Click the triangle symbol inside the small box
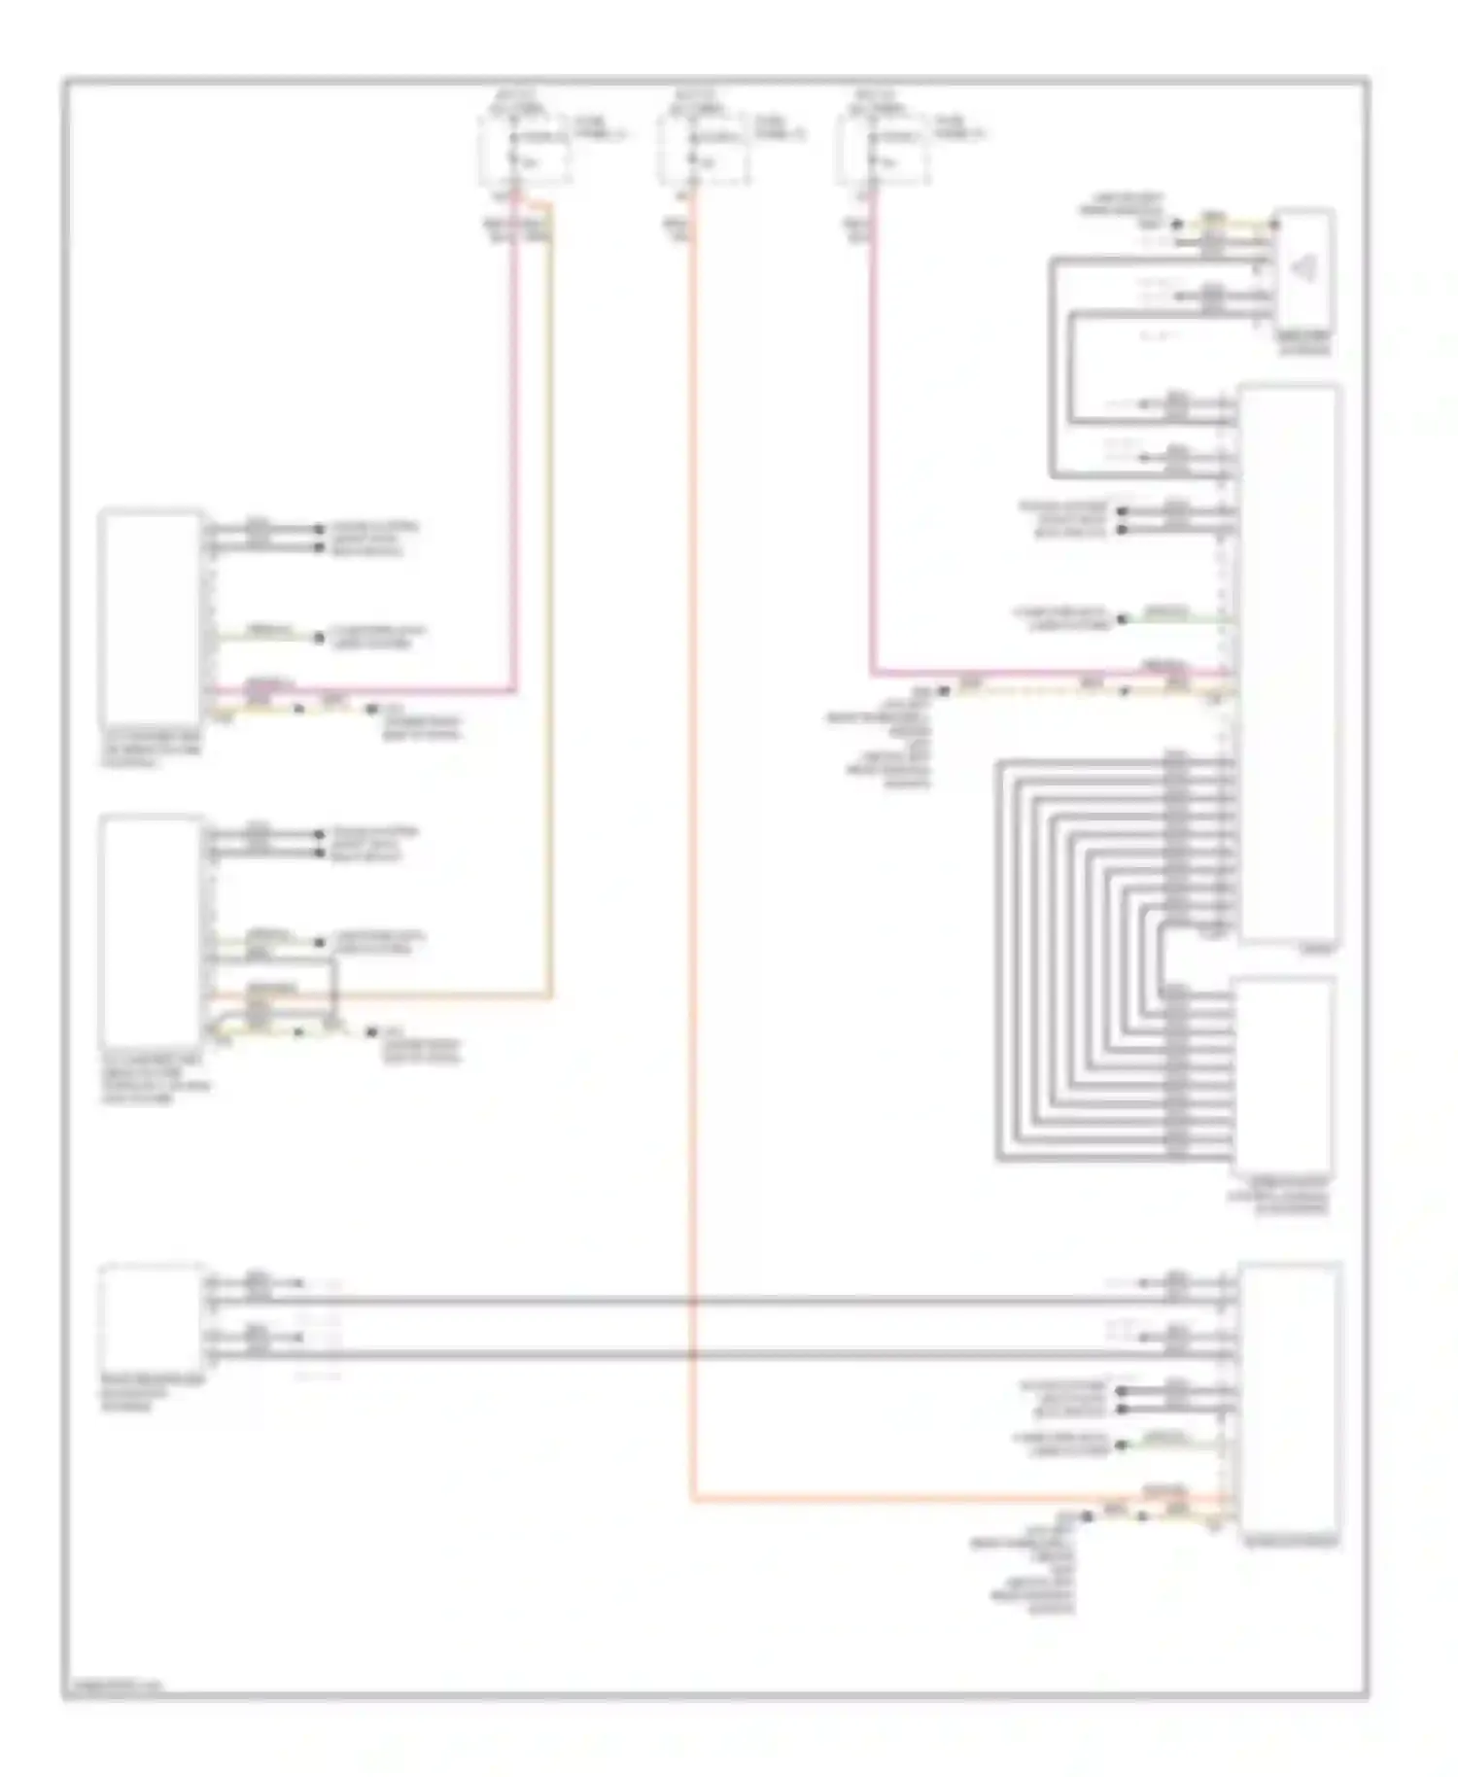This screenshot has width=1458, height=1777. click(1304, 269)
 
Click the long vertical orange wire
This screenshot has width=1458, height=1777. click(693, 875)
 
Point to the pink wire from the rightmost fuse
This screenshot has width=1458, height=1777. click(872, 437)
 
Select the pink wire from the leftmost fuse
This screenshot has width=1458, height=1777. click(514, 437)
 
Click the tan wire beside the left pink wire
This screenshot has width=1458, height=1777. click(551, 583)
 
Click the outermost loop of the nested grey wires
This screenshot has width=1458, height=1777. click(999, 962)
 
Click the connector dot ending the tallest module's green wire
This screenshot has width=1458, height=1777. click(1122, 619)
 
